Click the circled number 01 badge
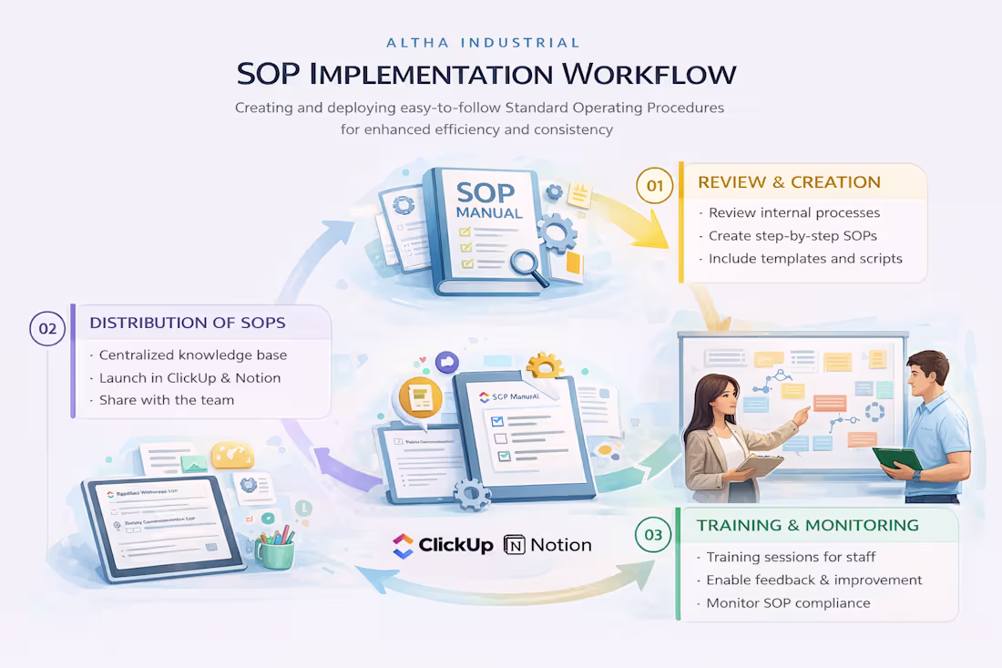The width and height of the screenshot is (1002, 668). coord(654,186)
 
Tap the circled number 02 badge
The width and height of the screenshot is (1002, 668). coord(46,328)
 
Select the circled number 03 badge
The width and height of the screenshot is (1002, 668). coord(653,535)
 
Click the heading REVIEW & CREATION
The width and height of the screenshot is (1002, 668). coord(789,182)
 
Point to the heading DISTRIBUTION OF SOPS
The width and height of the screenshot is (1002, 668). coord(187,323)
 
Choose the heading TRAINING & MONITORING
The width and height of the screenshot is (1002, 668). coord(807,525)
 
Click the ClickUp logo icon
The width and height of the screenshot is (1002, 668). coord(403,545)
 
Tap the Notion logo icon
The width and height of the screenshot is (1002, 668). coord(515,545)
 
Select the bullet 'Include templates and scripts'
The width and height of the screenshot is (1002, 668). coord(805,258)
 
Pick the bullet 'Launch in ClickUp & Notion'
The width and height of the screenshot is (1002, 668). coord(189,377)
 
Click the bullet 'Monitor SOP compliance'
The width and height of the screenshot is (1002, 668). coord(788,602)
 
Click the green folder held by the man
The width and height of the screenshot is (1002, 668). coord(896,457)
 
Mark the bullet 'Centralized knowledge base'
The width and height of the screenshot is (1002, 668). coord(192,355)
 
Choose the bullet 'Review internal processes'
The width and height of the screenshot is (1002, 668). coord(794,212)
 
